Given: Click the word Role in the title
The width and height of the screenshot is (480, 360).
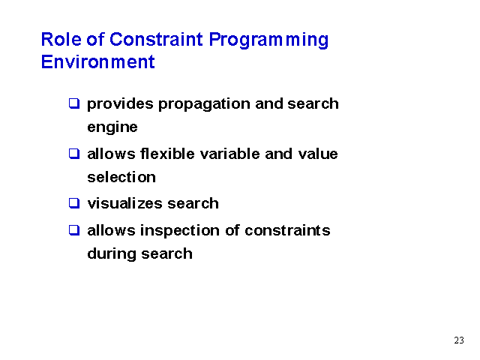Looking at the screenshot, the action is pyautogui.click(x=61, y=40).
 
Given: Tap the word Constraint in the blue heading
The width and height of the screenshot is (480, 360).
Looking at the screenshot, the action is pyautogui.click(x=156, y=40).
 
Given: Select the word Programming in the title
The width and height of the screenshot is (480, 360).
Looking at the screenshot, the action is pyautogui.click(x=268, y=40).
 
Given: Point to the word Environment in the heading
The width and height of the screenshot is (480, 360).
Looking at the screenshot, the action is pyautogui.click(x=98, y=61).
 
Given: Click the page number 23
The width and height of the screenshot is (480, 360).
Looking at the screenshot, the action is pyautogui.click(x=459, y=340).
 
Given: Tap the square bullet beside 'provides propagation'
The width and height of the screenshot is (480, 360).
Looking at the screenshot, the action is pyautogui.click(x=74, y=103).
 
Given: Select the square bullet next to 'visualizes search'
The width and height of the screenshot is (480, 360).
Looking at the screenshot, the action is pyautogui.click(x=74, y=203).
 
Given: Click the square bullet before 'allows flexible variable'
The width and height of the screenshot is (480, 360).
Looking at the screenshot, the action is pyautogui.click(x=74, y=154).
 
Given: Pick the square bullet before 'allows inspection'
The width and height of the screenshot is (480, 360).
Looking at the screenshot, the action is pyautogui.click(x=74, y=230).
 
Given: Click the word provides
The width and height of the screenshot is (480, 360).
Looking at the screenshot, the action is pyautogui.click(x=120, y=104).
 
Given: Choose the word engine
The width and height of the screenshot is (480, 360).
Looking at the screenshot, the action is pyautogui.click(x=112, y=127).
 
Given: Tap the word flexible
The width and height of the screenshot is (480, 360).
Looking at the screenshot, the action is pyautogui.click(x=167, y=154).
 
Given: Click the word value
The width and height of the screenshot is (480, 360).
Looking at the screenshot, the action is pyautogui.click(x=318, y=154).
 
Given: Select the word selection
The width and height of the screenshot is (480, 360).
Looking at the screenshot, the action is pyautogui.click(x=121, y=177).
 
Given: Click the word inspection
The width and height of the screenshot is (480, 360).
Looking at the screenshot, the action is pyautogui.click(x=180, y=231).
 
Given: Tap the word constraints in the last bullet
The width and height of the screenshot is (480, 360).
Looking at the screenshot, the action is pyautogui.click(x=287, y=230).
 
